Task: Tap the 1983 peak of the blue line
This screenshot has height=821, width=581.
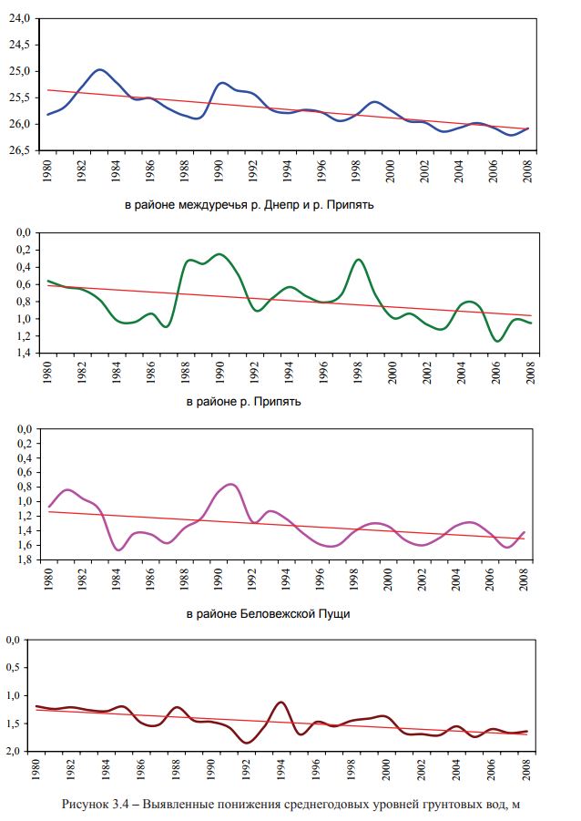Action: point(99,70)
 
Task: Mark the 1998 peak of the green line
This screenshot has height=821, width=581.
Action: point(359,260)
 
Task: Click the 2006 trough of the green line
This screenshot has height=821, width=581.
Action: point(497,341)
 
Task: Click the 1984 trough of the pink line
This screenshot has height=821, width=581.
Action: point(118,549)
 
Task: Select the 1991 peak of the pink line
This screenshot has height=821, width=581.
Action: point(231,484)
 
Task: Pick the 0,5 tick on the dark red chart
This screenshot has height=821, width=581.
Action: point(19,668)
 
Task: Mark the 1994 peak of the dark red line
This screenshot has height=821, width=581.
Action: point(281,703)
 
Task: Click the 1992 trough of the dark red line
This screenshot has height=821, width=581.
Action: point(247,743)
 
